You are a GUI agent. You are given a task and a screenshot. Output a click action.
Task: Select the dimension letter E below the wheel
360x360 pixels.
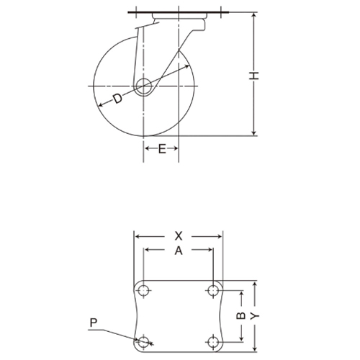162,148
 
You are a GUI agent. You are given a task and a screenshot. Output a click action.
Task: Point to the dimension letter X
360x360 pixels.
179,235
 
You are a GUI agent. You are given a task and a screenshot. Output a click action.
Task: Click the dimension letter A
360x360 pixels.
179,250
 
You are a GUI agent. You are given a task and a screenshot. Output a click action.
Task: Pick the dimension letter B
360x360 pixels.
242,315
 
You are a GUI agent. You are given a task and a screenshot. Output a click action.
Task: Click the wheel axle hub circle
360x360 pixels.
144,86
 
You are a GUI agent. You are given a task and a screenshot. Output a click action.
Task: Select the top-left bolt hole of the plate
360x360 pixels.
144,290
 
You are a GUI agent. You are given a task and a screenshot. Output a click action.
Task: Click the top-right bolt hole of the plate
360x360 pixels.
212,290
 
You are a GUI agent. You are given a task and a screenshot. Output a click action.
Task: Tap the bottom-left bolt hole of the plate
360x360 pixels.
144,341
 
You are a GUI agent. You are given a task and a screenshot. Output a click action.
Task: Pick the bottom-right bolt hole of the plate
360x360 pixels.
212,341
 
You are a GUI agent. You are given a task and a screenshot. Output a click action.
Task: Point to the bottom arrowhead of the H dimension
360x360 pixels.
254,134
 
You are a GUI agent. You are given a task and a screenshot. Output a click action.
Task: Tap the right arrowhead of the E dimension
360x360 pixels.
176,148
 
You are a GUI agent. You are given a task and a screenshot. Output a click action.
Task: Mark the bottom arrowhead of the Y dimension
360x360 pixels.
255,350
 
